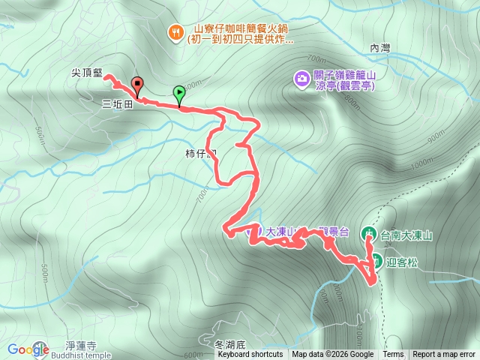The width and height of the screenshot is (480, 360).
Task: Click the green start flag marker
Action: pyautogui.click(x=179, y=94)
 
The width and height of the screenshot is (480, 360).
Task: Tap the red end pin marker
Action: pyautogui.click(x=136, y=84)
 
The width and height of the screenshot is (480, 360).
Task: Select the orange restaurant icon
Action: pyautogui.click(x=175, y=31)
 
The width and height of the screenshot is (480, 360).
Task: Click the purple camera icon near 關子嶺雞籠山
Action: pyautogui.click(x=301, y=78)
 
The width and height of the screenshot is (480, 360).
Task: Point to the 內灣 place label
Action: pyautogui.click(x=381, y=47)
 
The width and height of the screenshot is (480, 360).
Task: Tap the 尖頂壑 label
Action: pyautogui.click(x=87, y=74)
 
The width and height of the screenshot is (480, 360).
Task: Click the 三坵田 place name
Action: pyautogui.click(x=117, y=106)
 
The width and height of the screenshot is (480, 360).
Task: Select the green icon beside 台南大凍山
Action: pyautogui.click(x=370, y=234)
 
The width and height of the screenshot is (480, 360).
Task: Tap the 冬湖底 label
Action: pyautogui.click(x=230, y=345)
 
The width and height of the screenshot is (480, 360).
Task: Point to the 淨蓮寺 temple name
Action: pyautogui.click(x=81, y=346)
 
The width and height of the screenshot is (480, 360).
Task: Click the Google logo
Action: pyautogui.click(x=28, y=349)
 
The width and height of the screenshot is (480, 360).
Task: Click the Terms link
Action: pyautogui.click(x=393, y=355)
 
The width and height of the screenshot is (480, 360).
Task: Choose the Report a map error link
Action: pyautogui.click(x=445, y=355)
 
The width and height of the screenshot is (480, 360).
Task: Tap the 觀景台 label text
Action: pyautogui.click(x=334, y=232)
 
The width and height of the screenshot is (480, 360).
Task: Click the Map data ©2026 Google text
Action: pyautogui.click(x=332, y=355)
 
